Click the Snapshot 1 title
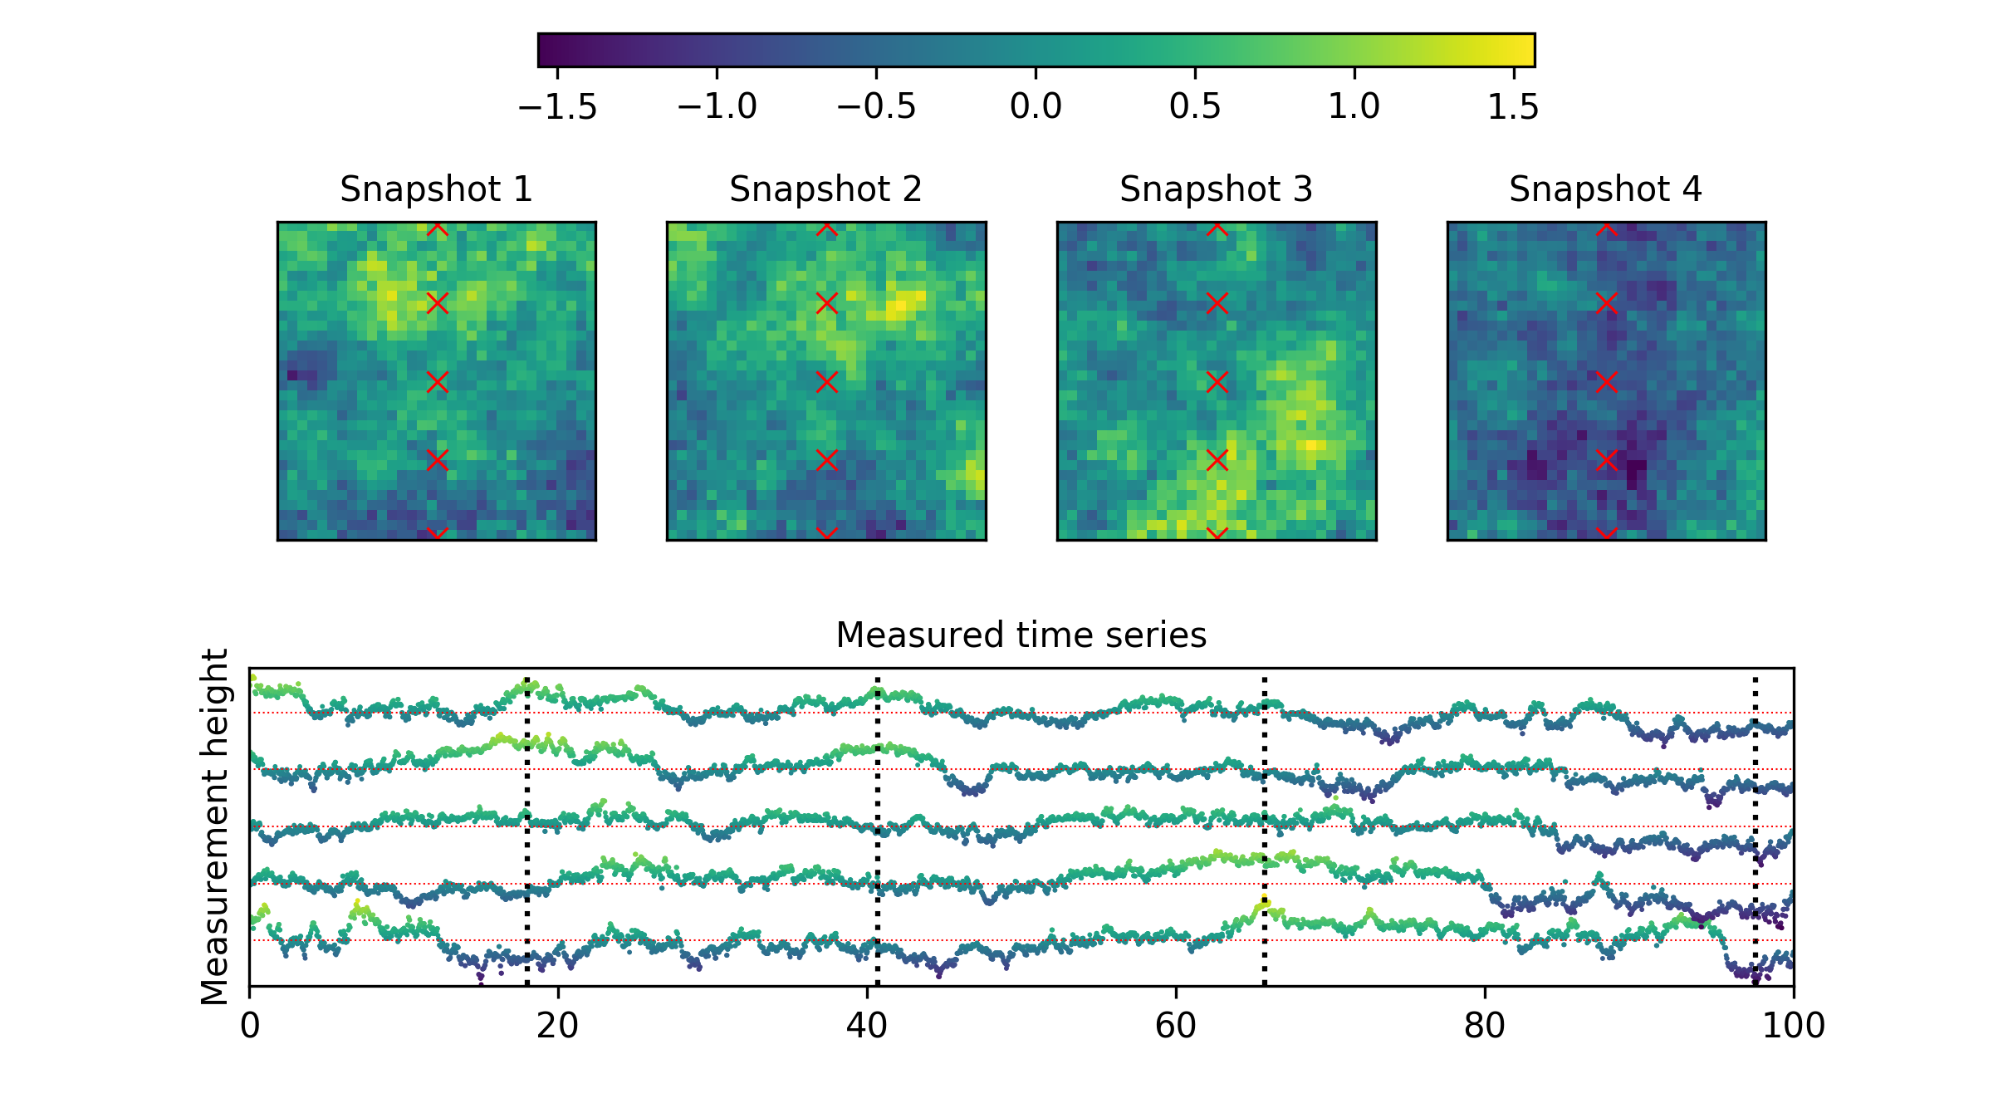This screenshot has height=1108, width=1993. (436, 189)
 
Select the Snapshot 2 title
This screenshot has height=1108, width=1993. (825, 189)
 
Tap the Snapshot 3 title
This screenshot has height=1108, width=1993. (1216, 189)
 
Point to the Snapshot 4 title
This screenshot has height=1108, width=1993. (1605, 189)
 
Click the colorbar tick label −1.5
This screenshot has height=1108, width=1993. (557, 107)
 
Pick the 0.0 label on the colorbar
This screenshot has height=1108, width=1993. (1036, 107)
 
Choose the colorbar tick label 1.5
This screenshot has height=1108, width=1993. (1513, 107)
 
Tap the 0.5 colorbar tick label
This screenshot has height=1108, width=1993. (1195, 107)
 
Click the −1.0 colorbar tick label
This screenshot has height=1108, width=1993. (717, 107)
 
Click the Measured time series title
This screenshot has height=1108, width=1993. (1021, 635)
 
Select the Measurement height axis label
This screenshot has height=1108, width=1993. (215, 826)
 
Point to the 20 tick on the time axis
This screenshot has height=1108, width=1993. (557, 1027)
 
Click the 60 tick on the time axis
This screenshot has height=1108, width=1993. (1176, 1027)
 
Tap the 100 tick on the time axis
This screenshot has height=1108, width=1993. (1794, 1027)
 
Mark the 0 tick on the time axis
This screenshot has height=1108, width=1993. (249, 1027)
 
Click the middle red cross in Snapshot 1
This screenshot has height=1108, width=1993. (437, 382)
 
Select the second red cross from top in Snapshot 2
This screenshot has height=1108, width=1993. (826, 304)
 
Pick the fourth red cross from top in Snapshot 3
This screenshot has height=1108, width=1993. (1217, 460)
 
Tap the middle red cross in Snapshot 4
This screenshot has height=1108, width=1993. (1606, 382)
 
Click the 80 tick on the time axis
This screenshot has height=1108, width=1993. (1485, 1027)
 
